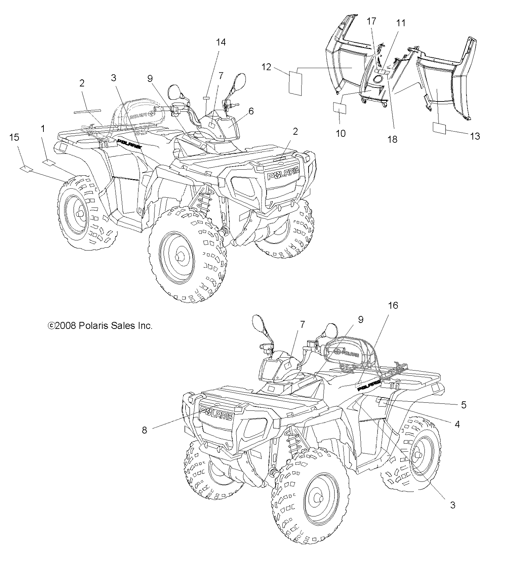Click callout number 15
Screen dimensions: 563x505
14,138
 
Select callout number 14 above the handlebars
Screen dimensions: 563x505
221,42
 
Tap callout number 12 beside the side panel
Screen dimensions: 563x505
266,66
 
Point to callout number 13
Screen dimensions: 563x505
475,136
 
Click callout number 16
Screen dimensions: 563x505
393,305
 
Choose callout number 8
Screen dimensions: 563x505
145,430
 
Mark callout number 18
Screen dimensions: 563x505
393,139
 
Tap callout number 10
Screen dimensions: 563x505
340,133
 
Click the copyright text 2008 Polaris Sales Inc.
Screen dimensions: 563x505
100,326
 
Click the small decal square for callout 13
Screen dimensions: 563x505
440,128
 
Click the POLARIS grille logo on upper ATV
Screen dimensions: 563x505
283,174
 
